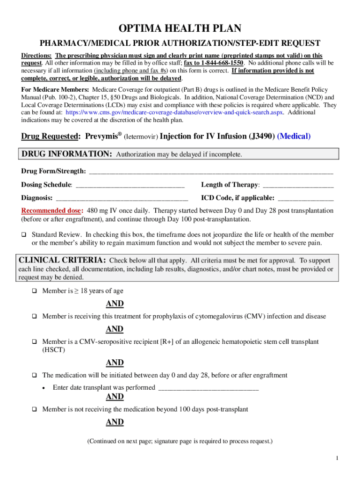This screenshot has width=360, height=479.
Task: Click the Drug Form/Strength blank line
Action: click(210, 171)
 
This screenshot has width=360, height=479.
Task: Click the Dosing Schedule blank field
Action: click(130, 185)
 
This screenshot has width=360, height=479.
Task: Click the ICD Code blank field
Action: click(306, 198)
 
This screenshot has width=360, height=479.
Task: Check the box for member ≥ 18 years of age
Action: click(34, 291)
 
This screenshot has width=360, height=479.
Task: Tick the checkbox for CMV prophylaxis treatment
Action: click(34, 317)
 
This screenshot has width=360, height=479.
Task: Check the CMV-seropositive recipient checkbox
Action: click(34, 342)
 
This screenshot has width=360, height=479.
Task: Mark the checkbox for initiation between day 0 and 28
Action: click(34, 376)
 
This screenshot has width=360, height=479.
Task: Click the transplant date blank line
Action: click(209, 387)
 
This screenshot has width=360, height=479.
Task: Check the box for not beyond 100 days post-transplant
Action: click(34, 409)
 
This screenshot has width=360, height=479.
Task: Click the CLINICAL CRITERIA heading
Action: click(62, 260)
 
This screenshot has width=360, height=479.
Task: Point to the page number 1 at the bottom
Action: click(337, 458)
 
